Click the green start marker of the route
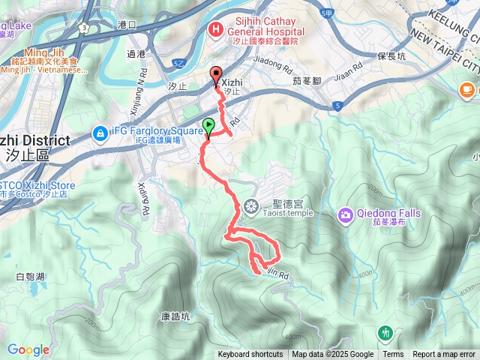[x=208, y=126]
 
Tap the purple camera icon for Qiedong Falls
[x=346, y=214]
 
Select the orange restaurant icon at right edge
[x=466, y=90]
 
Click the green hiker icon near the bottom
[x=386, y=331]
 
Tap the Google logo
[x=28, y=349]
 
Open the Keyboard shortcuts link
[x=250, y=355]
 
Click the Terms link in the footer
[x=393, y=355]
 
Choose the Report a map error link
[x=444, y=355]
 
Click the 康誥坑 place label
[x=175, y=317]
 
